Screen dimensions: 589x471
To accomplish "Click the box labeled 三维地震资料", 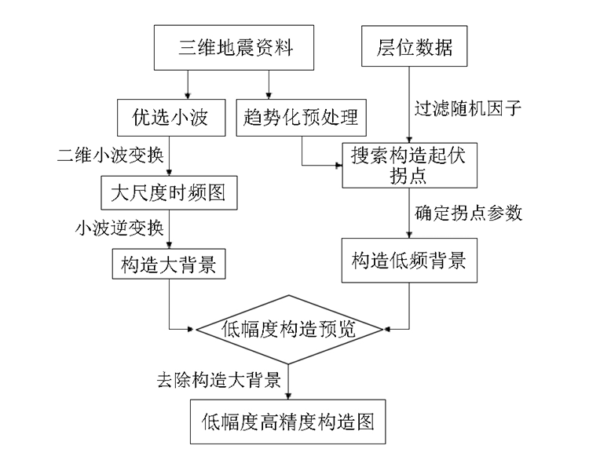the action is (234, 48).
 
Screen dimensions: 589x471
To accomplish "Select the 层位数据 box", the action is (415, 46).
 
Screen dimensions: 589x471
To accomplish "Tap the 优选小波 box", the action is (171, 118).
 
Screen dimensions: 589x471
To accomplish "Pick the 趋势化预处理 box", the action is (302, 118).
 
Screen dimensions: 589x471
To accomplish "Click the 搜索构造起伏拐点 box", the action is (409, 166).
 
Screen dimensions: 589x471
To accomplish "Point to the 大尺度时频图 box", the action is (169, 192).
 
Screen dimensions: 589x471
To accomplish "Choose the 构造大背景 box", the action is (169, 264).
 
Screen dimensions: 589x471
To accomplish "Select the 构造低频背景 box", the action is (409, 261).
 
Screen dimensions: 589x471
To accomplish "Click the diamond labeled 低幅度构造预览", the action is (288, 330).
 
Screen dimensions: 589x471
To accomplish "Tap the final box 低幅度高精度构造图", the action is (288, 422).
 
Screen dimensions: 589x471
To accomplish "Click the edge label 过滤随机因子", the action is (468, 108).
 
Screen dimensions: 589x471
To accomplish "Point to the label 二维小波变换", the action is (111, 155).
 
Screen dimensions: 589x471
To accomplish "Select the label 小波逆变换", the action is (119, 228).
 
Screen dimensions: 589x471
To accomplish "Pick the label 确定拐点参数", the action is (468, 213).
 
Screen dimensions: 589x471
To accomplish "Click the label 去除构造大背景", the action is (219, 380).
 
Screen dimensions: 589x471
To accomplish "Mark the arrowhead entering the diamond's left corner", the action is (192, 330).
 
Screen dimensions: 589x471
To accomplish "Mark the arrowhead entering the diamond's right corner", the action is (387, 330).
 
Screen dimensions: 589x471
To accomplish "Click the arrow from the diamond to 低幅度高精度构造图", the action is (288, 382).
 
